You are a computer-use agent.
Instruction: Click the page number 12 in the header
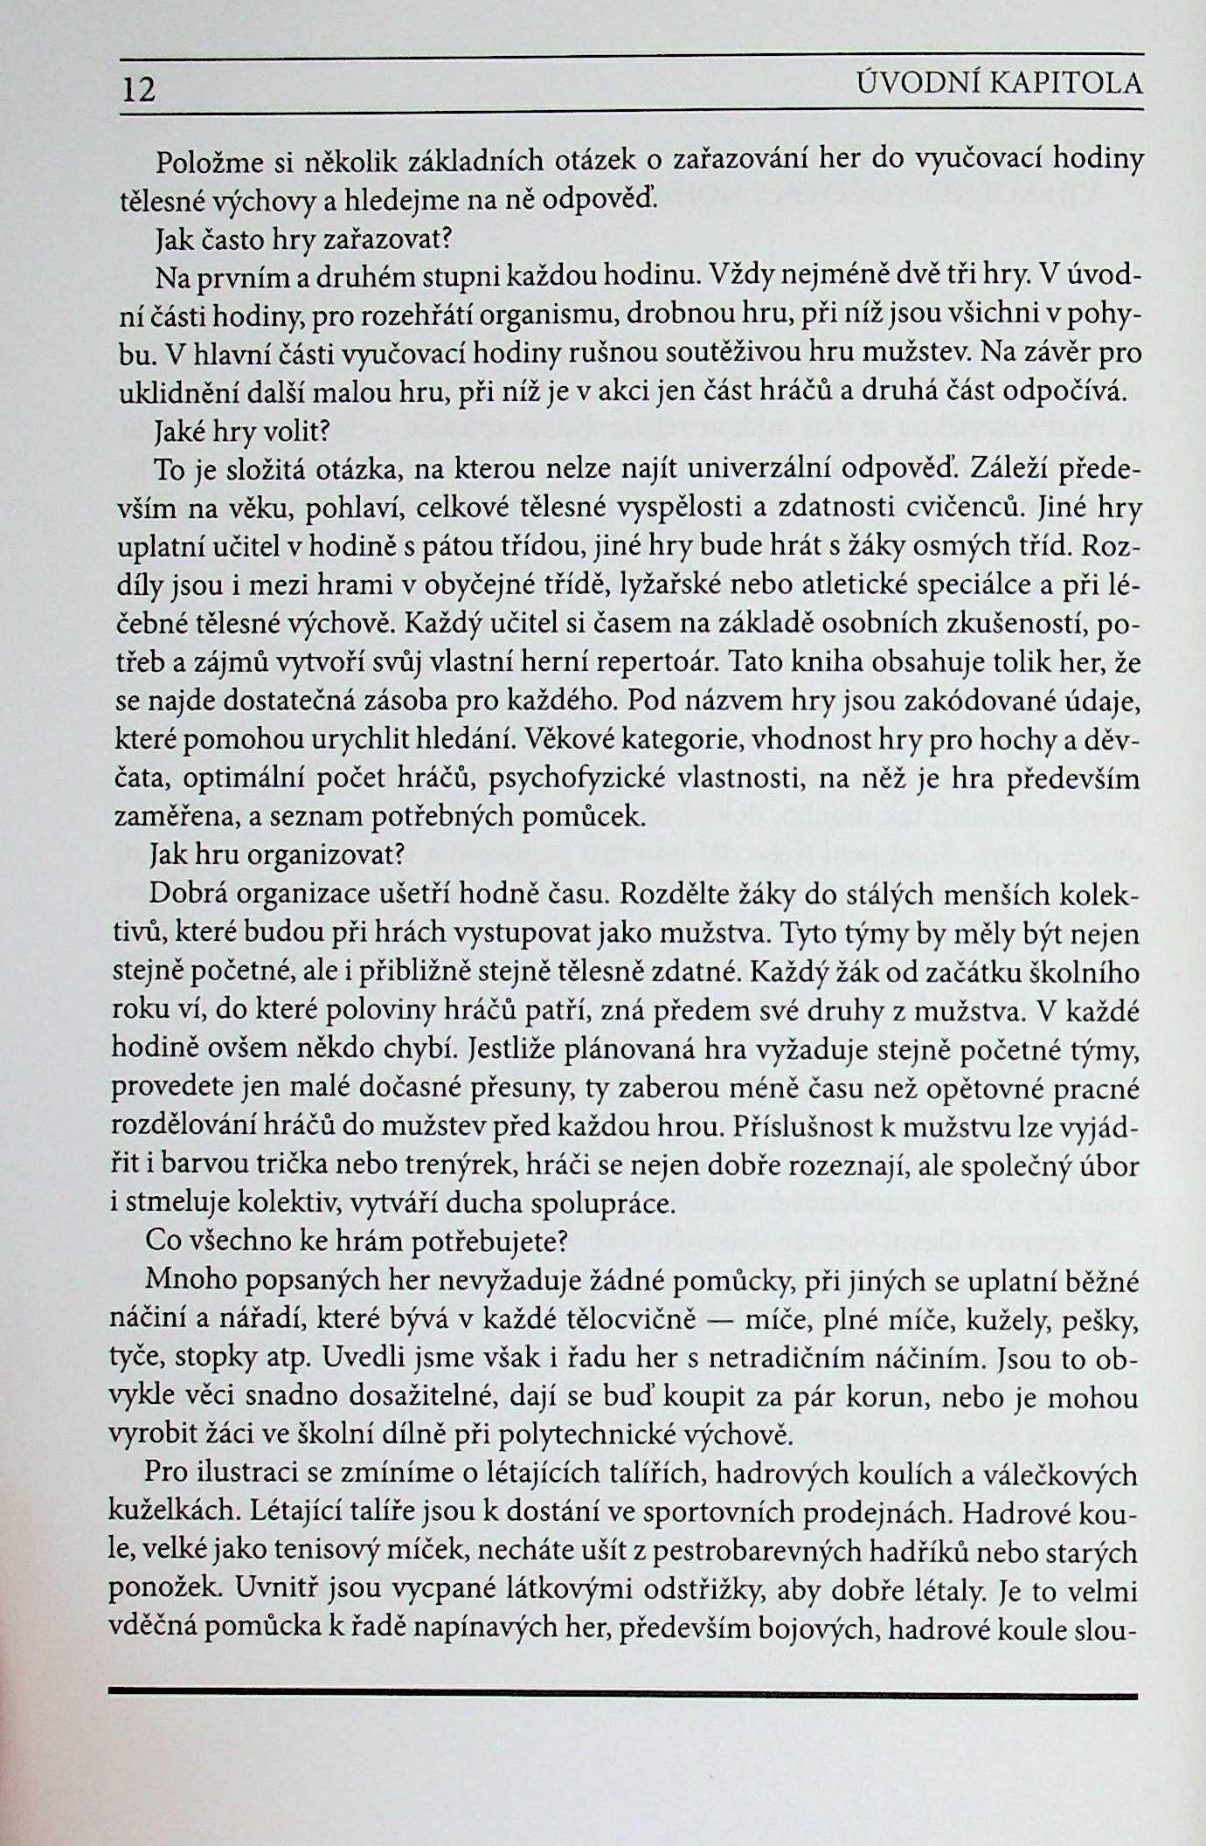click(138, 89)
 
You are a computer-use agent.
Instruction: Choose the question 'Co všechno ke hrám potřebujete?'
click(357, 1241)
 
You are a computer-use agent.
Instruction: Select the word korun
click(884, 1396)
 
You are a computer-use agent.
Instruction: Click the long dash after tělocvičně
click(731, 1319)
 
